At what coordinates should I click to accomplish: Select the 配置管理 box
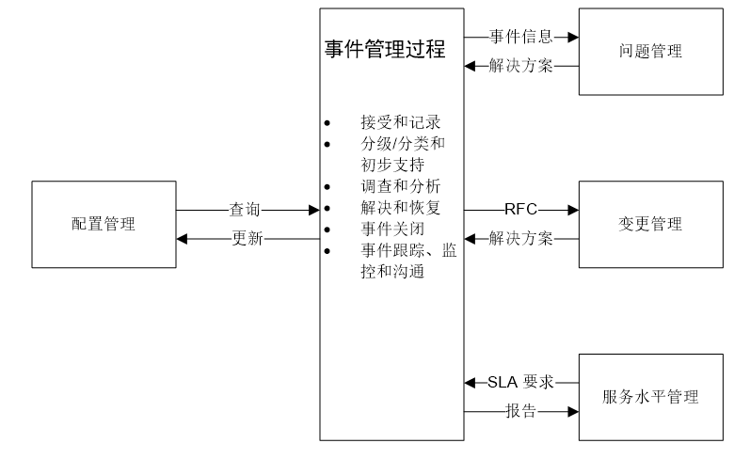[104, 224]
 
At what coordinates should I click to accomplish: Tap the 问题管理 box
[650, 52]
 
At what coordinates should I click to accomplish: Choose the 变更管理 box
[650, 224]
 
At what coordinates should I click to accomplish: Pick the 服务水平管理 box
[650, 397]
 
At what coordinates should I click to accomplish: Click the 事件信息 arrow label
[520, 37]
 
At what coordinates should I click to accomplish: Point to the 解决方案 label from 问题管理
[520, 66]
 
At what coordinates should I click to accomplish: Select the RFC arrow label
[520, 210]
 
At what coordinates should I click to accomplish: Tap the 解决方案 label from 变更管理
[520, 239]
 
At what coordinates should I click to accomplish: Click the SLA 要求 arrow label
[520, 382]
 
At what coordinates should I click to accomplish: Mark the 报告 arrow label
[520, 411]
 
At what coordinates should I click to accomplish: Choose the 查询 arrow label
[247, 210]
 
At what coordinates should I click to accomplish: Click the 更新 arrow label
[247, 239]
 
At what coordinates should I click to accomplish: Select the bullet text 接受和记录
[400, 122]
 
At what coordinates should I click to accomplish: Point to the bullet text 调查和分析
[400, 185]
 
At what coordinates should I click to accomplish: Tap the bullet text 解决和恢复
[400, 207]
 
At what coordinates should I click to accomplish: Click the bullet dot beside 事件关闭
[327, 230]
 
